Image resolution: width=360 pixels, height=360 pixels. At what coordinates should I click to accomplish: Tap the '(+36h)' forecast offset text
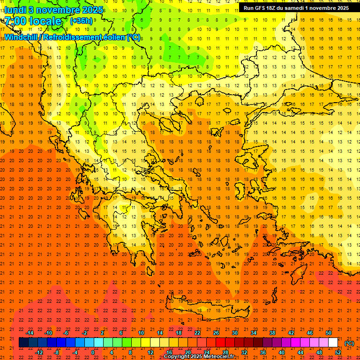coord(81,21)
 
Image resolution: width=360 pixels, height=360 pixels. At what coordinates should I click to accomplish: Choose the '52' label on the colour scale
coord(338,352)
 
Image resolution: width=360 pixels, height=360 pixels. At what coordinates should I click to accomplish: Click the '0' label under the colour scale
coord(93,352)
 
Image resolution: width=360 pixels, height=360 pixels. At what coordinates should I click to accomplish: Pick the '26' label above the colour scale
coord(216,333)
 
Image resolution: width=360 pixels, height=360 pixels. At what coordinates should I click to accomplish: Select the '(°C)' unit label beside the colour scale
coord(349,343)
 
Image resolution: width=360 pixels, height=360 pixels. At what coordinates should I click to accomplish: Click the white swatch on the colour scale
coord(333,343)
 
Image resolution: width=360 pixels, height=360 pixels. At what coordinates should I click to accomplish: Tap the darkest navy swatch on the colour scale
coord(23,343)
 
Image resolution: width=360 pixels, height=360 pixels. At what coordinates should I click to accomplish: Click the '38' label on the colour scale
coord(272,333)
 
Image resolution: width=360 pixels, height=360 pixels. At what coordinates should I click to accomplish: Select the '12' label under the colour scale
coord(150,352)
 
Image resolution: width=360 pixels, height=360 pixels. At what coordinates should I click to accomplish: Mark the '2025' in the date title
coord(85,9)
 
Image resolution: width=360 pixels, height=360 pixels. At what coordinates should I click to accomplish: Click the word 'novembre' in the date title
coord(52,9)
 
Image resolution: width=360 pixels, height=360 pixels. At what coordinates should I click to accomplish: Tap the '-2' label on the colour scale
coord(85,333)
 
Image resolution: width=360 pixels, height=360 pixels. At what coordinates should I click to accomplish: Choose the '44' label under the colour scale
coord(300,352)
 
